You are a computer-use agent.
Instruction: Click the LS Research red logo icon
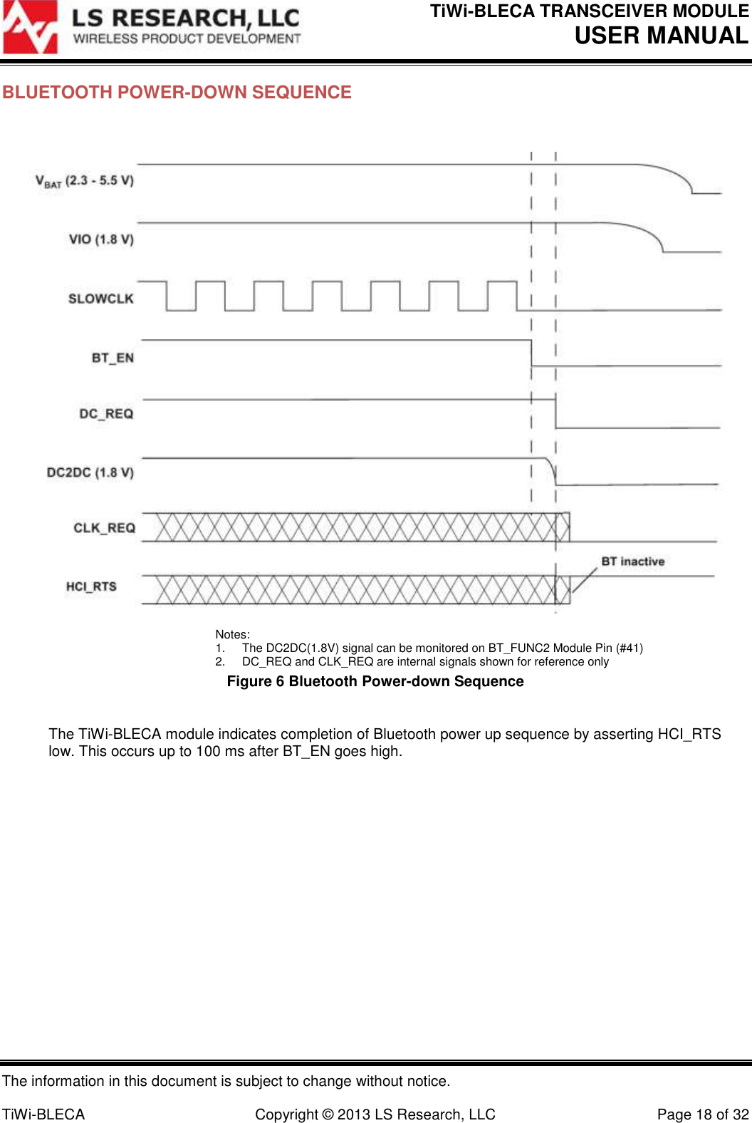click(30, 27)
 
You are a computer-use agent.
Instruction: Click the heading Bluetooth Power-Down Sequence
click(177, 93)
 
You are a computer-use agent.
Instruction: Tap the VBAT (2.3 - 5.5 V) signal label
click(85, 181)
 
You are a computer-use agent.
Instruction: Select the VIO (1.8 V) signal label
click(101, 239)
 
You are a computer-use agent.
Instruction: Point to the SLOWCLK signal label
click(100, 299)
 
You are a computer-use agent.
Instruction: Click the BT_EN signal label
click(113, 358)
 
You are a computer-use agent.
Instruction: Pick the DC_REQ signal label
click(106, 414)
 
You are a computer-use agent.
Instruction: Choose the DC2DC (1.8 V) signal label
click(90, 472)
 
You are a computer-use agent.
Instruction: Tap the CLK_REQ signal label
click(104, 528)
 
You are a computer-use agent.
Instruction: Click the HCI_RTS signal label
click(91, 586)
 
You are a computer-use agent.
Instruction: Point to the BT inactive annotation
click(632, 561)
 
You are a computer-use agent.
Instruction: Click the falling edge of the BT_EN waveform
click(531, 353)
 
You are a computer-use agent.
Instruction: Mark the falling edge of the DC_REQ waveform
click(555, 413)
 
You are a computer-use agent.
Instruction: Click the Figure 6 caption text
click(375, 682)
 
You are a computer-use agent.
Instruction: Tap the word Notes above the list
click(232, 634)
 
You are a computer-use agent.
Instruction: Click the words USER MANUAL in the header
click(661, 36)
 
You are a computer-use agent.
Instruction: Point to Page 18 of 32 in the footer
click(702, 1114)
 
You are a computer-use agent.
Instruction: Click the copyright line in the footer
click(375, 1114)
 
